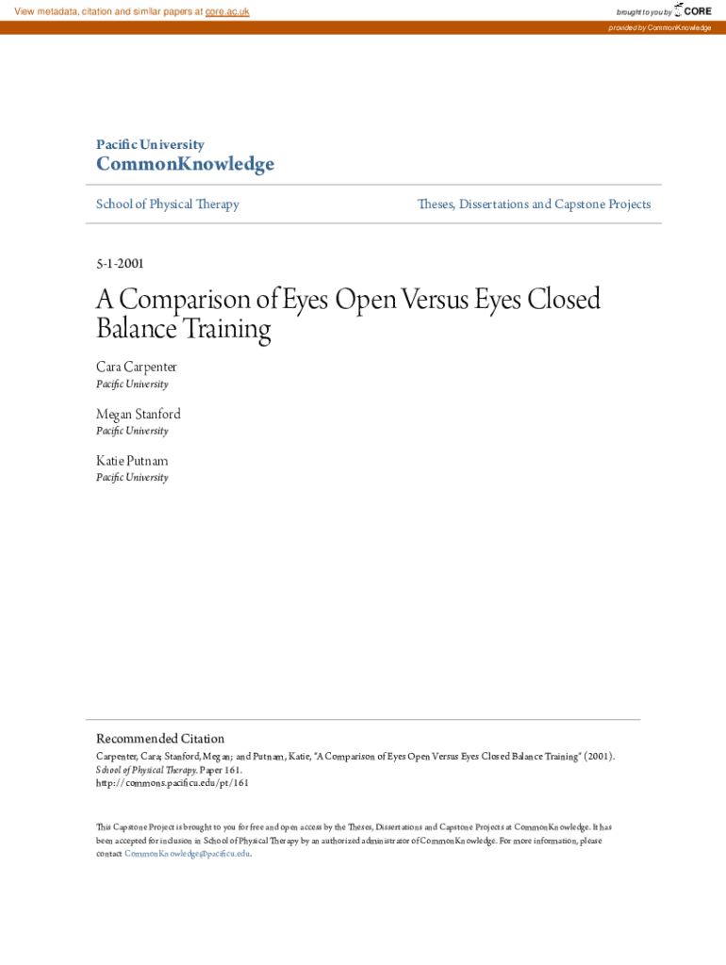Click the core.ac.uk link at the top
(x=227, y=11)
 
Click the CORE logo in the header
(x=693, y=11)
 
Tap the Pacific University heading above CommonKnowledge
(x=150, y=144)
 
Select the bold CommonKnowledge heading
(x=185, y=165)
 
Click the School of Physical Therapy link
(x=168, y=204)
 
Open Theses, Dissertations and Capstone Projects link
(x=534, y=204)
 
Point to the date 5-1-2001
(x=120, y=264)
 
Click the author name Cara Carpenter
(x=137, y=367)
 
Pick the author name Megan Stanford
(x=139, y=414)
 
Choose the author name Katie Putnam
(x=132, y=461)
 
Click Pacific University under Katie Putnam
(x=132, y=478)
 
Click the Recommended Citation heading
(x=160, y=739)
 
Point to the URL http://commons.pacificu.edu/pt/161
(x=173, y=782)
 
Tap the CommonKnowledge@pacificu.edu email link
(x=188, y=853)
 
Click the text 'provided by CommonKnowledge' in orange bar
(x=660, y=28)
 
